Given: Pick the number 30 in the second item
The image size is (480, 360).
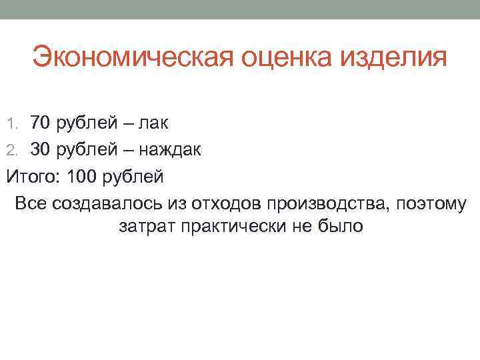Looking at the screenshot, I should click(41, 151).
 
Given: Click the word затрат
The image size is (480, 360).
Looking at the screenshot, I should click(146, 227).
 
